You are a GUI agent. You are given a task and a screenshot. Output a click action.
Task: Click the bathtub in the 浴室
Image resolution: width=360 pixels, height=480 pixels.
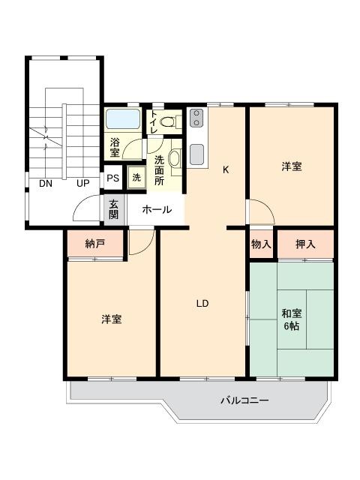[123, 119]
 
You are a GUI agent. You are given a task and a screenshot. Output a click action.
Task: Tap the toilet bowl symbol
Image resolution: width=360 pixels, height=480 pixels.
[167, 122]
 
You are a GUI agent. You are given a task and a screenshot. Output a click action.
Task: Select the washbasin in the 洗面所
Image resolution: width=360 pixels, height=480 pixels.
[175, 158]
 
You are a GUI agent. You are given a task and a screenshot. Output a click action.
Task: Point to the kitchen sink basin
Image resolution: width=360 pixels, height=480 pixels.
[196, 154]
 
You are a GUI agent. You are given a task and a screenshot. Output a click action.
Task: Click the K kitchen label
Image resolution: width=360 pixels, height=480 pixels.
[226, 169]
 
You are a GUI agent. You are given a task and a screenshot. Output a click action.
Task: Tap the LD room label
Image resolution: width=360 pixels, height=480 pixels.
[202, 303]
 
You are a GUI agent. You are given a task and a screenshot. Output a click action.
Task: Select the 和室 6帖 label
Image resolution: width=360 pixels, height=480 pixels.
[292, 319]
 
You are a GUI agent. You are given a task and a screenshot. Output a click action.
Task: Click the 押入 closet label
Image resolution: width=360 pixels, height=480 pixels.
[305, 244]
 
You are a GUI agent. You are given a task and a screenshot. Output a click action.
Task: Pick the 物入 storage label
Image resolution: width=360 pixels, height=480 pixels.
[261, 244]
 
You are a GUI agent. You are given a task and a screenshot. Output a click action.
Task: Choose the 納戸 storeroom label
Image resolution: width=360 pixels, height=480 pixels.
[95, 244]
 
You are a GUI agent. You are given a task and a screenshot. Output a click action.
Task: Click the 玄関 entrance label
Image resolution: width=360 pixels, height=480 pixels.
[113, 209]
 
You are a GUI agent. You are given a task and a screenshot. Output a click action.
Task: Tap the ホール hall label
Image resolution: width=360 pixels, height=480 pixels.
[157, 210]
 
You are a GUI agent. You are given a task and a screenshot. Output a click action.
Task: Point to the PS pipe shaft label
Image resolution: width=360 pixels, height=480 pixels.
[113, 178]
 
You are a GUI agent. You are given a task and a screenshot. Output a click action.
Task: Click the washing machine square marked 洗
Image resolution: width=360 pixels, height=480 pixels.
[136, 177]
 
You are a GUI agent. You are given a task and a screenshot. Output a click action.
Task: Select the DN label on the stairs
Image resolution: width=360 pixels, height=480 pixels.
[46, 183]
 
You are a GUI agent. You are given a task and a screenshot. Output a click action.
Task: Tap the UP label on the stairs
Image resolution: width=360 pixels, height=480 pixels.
[83, 183]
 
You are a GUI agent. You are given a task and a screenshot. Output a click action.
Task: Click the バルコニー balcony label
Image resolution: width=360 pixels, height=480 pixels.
[244, 400]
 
